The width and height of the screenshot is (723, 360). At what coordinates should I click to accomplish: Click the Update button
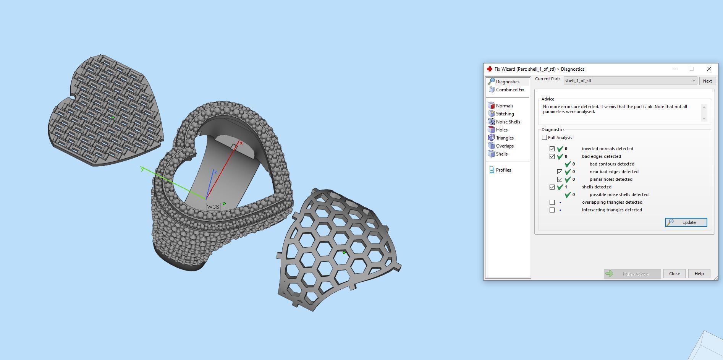[x=686, y=222]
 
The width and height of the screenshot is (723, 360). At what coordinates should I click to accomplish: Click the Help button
[x=699, y=274]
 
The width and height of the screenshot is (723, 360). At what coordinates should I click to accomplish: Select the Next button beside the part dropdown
[x=707, y=81]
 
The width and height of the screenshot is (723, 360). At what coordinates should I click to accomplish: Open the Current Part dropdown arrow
[x=694, y=81]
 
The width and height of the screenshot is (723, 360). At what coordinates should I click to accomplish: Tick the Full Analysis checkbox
[x=545, y=138]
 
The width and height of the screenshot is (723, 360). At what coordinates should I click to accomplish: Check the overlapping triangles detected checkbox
[x=552, y=202]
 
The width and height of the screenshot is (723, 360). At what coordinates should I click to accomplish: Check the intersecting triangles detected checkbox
[x=552, y=210]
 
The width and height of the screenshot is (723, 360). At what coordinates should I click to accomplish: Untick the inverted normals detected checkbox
[x=552, y=149]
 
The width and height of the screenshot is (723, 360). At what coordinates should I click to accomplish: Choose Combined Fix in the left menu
[x=509, y=90]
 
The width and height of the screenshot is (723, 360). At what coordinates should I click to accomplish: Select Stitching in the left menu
[x=505, y=114]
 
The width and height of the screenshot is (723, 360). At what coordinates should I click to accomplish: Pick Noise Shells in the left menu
[x=508, y=122]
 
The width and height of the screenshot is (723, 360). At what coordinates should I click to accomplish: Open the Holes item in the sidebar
[x=501, y=130]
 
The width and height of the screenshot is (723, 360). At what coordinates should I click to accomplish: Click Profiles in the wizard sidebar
[x=503, y=170]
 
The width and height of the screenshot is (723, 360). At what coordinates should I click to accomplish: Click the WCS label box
[x=213, y=207]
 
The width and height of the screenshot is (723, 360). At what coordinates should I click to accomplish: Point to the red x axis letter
[x=241, y=143]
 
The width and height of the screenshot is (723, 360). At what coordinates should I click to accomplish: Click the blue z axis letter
[x=215, y=172]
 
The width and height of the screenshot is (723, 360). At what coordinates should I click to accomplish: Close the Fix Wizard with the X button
[x=709, y=69]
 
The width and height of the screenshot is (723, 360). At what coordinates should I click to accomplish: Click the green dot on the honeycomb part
[x=344, y=253]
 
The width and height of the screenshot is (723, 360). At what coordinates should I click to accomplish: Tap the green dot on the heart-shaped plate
[x=113, y=117]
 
